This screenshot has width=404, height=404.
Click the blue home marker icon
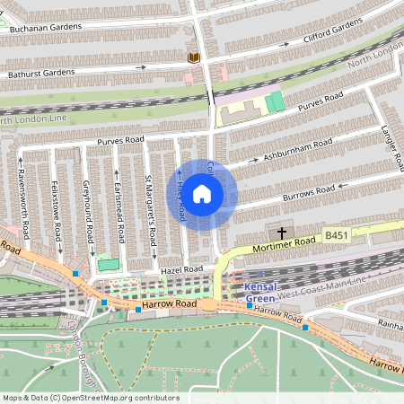point(202,193)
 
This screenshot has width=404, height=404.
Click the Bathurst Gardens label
point(41,72)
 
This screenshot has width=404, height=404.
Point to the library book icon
point(193,58)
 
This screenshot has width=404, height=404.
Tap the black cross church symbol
point(282,233)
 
